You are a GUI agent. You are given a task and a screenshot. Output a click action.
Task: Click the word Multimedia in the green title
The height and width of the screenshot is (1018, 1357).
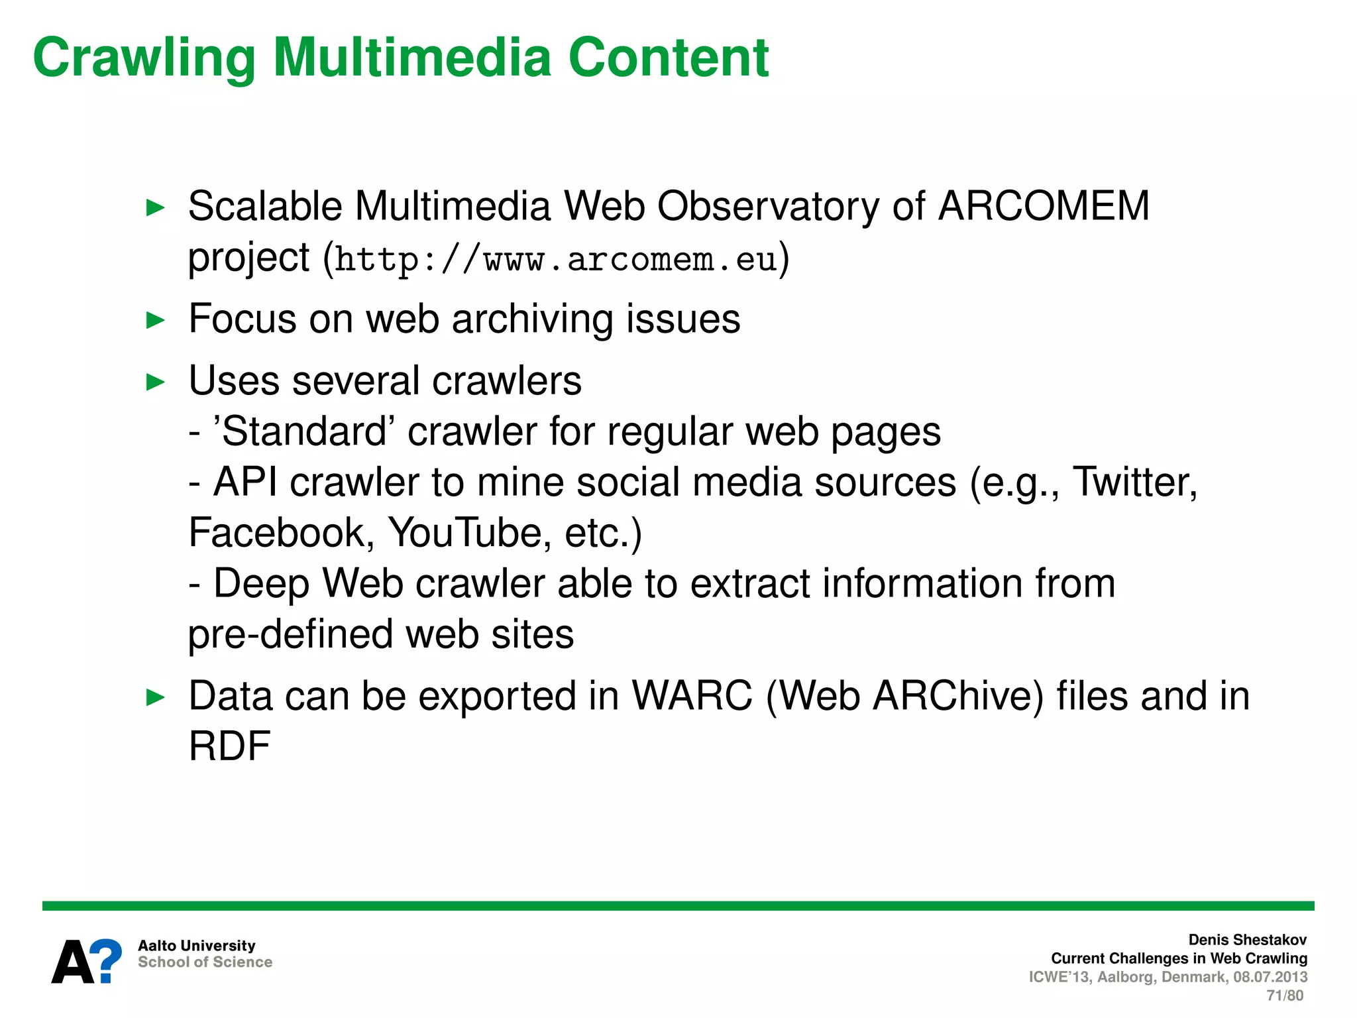pos(411,58)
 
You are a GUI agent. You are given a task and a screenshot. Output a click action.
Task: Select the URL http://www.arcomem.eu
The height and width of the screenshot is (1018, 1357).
pos(555,259)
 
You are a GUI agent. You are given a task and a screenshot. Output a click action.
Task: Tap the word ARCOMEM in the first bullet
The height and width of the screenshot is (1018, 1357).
pos(1044,206)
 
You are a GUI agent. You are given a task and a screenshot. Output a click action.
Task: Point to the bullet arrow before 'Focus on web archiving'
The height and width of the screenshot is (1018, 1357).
pos(155,320)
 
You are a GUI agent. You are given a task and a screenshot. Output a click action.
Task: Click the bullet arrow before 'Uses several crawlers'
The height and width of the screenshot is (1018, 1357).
pos(155,382)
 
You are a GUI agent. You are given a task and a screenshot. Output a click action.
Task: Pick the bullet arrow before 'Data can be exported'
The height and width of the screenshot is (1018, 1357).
pos(155,697)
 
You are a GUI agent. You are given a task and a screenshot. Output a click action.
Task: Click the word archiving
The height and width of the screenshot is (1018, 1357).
pos(533,320)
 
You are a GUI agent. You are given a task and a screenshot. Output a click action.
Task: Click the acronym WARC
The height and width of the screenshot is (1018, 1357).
pos(692,697)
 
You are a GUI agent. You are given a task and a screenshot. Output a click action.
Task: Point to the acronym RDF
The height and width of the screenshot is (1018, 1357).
pos(229,747)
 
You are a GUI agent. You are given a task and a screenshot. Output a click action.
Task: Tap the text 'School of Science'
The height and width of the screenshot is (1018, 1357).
pos(205,962)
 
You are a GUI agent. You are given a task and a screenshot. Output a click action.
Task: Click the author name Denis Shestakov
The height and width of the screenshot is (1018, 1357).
pos(1247,940)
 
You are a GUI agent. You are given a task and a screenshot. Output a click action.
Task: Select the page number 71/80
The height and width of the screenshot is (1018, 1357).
pos(1284,995)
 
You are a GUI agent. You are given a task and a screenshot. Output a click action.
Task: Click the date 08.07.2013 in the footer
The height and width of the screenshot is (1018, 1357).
pos(1270,977)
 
